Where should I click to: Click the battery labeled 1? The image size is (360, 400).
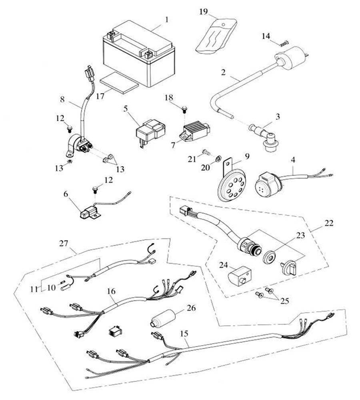point(138,56)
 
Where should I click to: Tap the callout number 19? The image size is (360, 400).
point(204,11)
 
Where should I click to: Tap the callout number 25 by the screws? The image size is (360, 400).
point(285,300)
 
